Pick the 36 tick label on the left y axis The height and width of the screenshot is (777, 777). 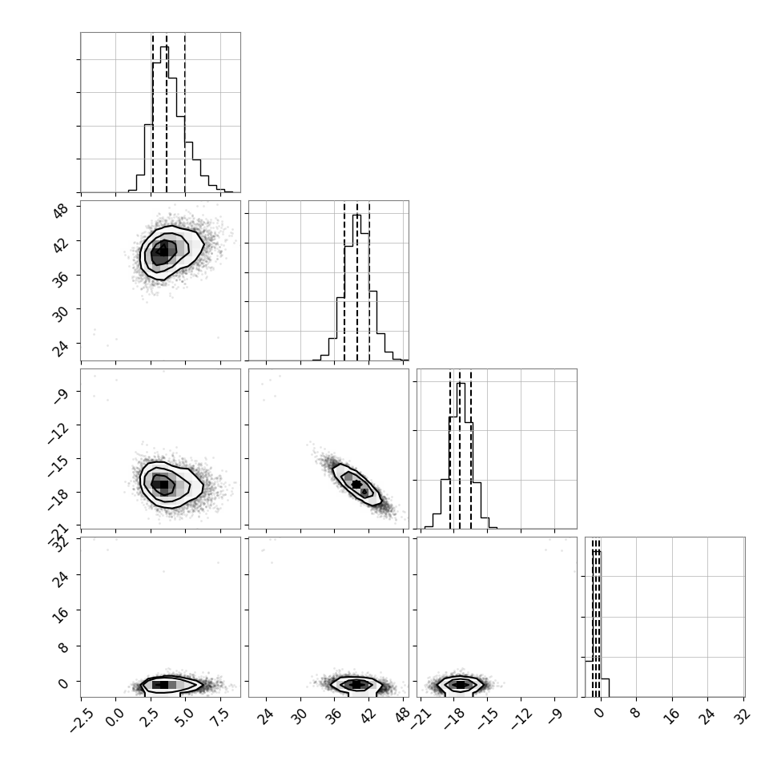coord(61,279)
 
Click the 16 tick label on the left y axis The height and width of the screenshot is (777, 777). coord(61,614)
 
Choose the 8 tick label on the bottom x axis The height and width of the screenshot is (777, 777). coord(634,714)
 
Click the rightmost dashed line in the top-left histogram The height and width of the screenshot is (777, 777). coord(185,113)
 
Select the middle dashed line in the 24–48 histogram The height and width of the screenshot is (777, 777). coord(356,281)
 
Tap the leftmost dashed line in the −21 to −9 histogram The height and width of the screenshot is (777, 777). coord(450,449)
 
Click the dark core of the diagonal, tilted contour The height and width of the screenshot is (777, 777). coord(356,484)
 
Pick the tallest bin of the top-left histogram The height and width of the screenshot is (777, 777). coord(164,119)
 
